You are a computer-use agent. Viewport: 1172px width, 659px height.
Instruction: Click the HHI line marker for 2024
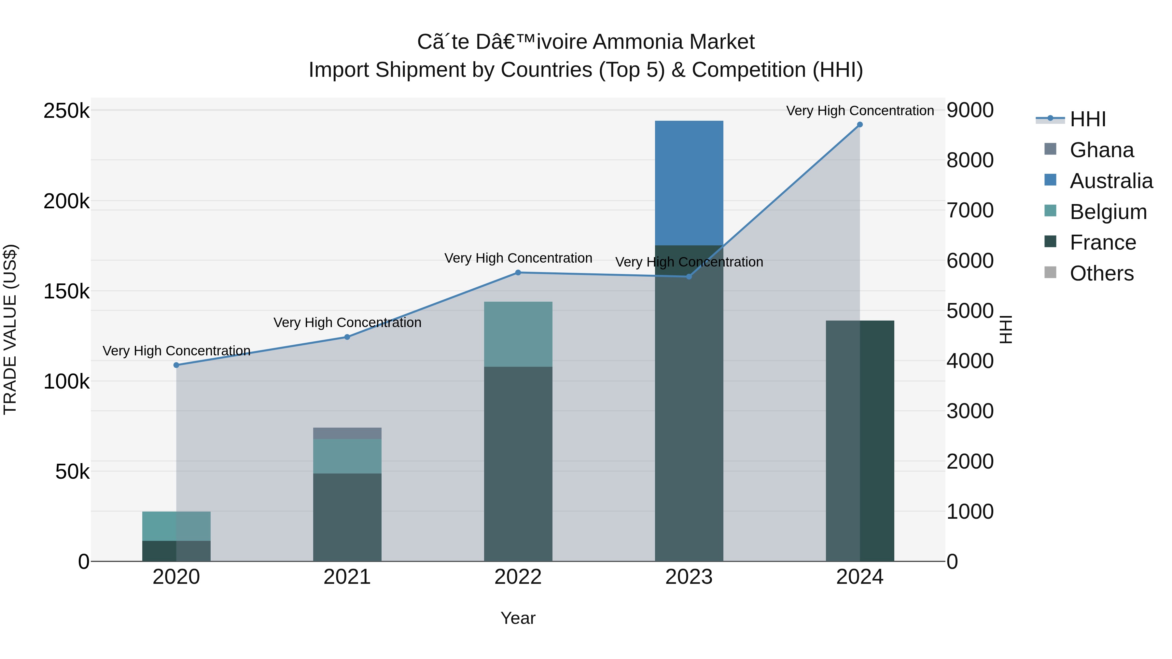859,125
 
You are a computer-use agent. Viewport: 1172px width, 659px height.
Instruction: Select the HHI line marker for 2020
176,365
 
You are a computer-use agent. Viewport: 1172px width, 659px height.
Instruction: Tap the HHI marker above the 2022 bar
518,272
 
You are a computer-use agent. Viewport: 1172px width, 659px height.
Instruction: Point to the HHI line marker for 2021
347,337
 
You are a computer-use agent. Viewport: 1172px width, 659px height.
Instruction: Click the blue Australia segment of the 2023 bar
689,182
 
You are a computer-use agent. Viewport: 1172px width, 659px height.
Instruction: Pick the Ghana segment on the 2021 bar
347,433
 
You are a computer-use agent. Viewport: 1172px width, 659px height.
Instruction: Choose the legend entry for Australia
1110,181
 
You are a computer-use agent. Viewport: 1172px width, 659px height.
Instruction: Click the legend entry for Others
1101,273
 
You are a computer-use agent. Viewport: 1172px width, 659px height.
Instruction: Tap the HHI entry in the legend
1087,119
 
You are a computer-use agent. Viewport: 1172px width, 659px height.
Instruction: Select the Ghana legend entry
1101,150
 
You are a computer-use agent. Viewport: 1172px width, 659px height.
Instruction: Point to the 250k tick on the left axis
66,111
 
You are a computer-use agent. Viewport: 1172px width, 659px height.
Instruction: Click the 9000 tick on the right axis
970,110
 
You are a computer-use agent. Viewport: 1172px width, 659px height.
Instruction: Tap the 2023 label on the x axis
689,577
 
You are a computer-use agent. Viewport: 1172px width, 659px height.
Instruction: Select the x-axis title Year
518,618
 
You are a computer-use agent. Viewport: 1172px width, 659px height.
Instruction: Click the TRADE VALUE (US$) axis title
10,329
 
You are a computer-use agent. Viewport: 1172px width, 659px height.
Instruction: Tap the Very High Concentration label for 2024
859,111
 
